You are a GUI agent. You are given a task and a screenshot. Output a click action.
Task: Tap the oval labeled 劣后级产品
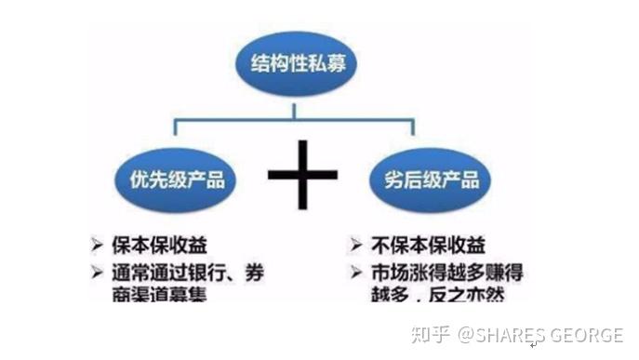coord(425,179)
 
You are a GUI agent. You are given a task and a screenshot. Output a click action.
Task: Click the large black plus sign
coord(302,176)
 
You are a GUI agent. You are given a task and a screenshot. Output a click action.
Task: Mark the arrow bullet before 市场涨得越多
coord(356,273)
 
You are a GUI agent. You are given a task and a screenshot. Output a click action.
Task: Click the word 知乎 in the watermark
coord(432,334)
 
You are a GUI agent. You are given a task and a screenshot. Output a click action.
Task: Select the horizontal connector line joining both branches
coord(233,119)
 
